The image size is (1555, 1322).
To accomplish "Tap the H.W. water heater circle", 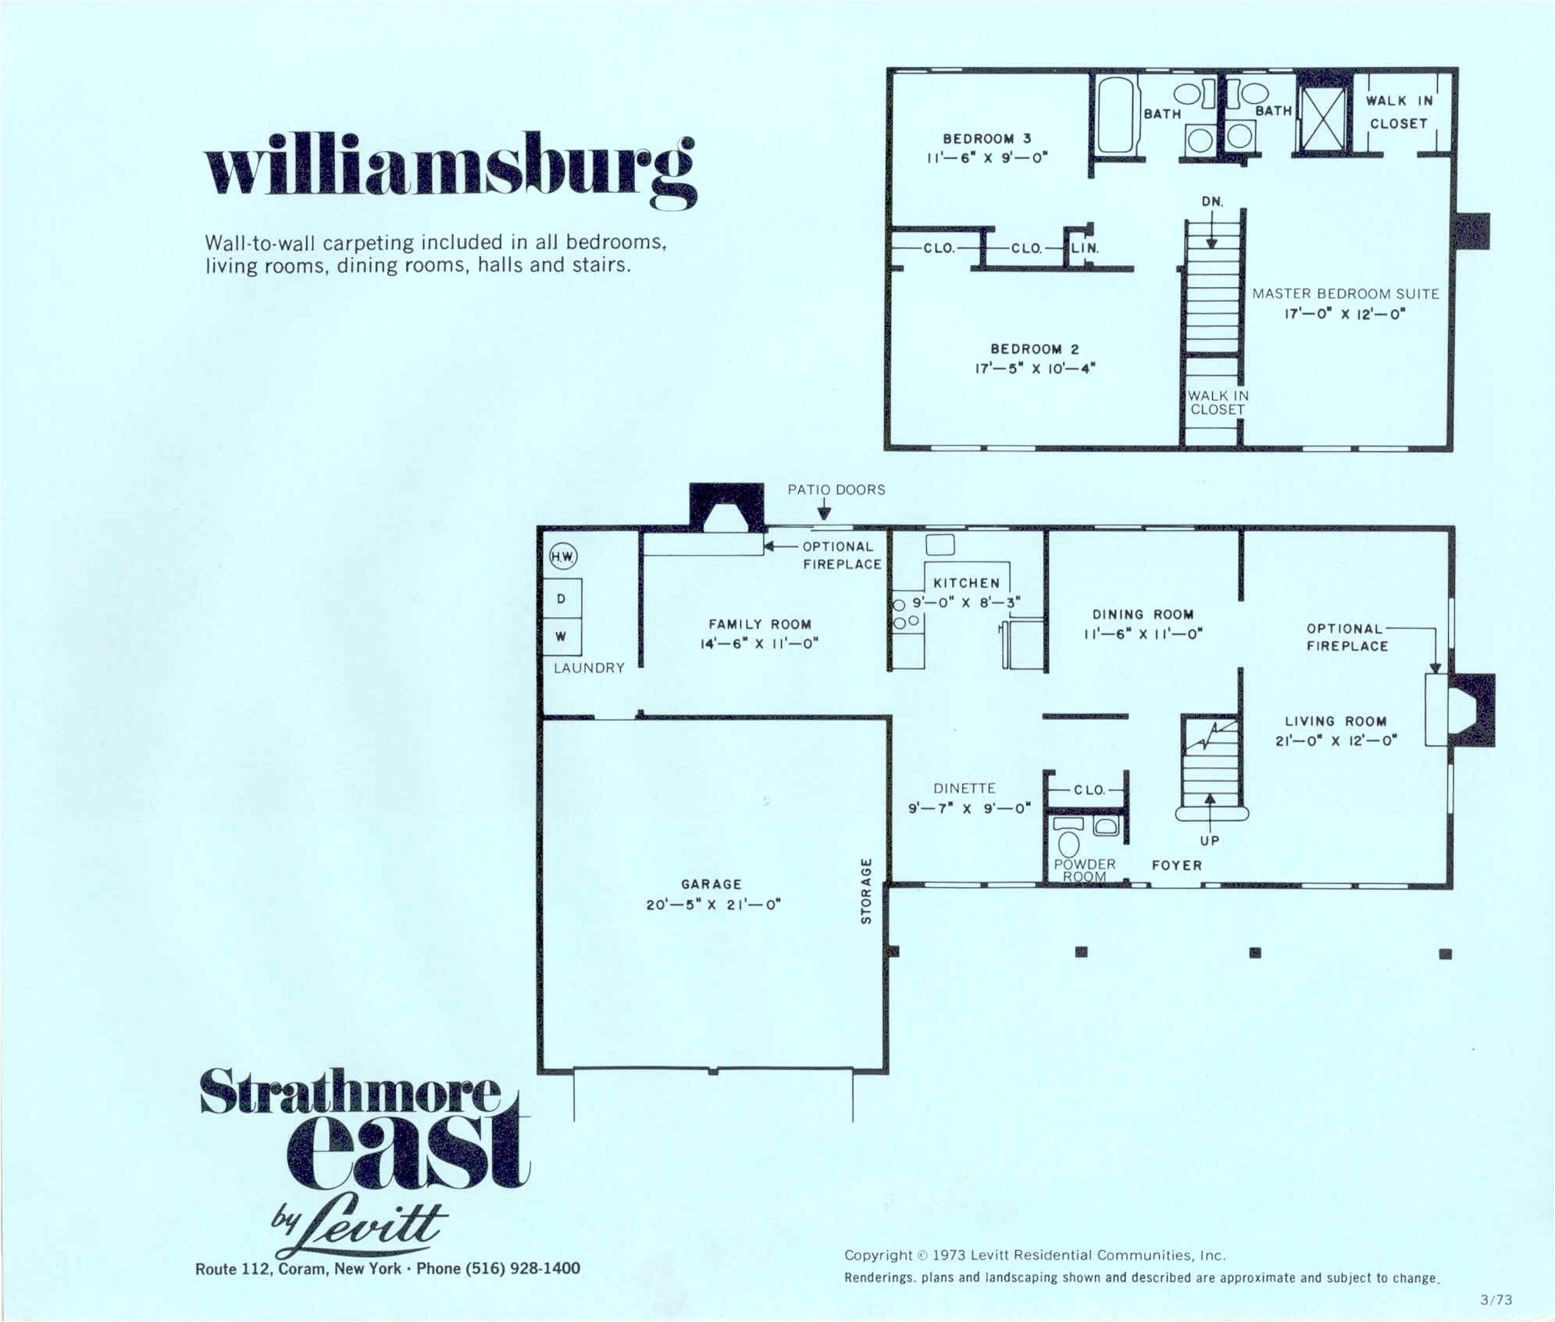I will (x=562, y=557).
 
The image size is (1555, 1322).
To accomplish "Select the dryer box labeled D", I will (x=562, y=599).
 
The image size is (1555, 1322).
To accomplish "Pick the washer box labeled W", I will (x=562, y=636).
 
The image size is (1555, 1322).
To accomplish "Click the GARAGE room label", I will (x=711, y=884).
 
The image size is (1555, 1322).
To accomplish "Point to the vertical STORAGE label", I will (x=865, y=891).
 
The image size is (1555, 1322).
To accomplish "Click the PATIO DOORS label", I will (x=836, y=490).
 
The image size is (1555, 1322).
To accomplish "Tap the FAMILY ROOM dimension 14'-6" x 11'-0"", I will (x=759, y=643).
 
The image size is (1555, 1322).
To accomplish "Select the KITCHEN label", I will (x=966, y=583).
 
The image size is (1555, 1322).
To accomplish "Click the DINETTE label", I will (x=964, y=789).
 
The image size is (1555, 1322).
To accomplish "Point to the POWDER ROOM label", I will (x=1084, y=870).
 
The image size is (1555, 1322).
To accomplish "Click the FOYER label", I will (x=1176, y=865).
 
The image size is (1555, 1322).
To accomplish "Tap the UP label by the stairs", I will (x=1209, y=841).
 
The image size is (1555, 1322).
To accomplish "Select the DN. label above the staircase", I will (x=1211, y=201).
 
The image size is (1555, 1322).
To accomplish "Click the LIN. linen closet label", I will (x=1085, y=248).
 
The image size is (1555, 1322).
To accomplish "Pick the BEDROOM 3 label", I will (x=986, y=138).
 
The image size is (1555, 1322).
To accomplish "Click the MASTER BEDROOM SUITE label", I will (x=1345, y=294).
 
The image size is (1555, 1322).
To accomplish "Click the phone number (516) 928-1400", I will (x=522, y=1268).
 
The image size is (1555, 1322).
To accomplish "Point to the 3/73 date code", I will (x=1496, y=1300).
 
